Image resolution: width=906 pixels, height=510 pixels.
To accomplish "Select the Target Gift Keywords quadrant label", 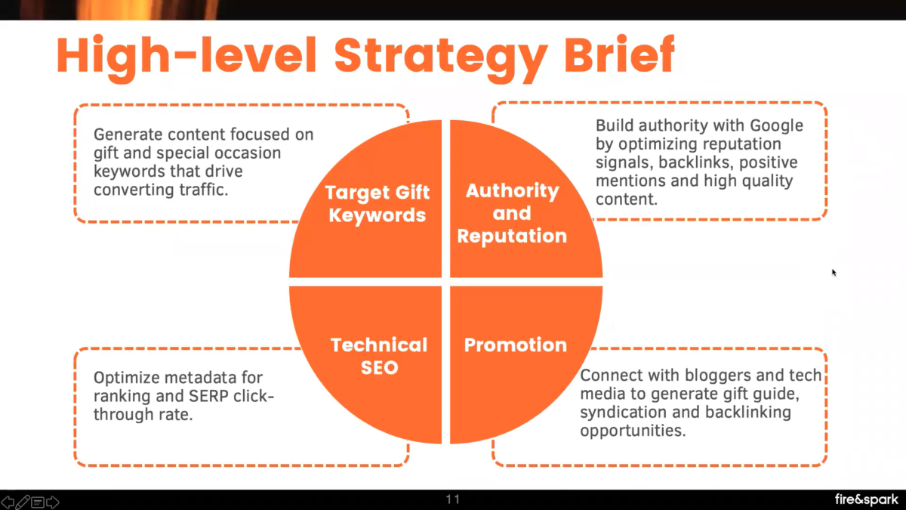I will pyautogui.click(x=376, y=203).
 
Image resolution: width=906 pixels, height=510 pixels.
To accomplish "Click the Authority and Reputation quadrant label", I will pyautogui.click(x=512, y=213).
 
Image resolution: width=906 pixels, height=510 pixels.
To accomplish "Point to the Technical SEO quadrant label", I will pyautogui.click(x=379, y=356).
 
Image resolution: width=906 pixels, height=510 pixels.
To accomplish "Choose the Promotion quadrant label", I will pyautogui.click(x=515, y=345).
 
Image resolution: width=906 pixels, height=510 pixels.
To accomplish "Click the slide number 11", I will pyautogui.click(x=453, y=499).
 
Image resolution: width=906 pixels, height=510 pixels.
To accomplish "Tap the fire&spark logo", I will pyautogui.click(x=867, y=499).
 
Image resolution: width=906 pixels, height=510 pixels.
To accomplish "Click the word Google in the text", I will pyautogui.click(x=776, y=125).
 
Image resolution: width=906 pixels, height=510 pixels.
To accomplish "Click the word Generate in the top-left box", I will pyautogui.click(x=127, y=134).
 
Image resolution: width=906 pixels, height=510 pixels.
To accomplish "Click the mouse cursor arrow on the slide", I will pyautogui.click(x=834, y=272).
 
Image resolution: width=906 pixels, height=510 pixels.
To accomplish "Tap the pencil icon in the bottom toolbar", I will pyautogui.click(x=23, y=502).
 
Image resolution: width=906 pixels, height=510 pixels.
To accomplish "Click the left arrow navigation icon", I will pyautogui.click(x=8, y=502).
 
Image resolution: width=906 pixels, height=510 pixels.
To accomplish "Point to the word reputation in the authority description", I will pyautogui.click(x=744, y=144).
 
